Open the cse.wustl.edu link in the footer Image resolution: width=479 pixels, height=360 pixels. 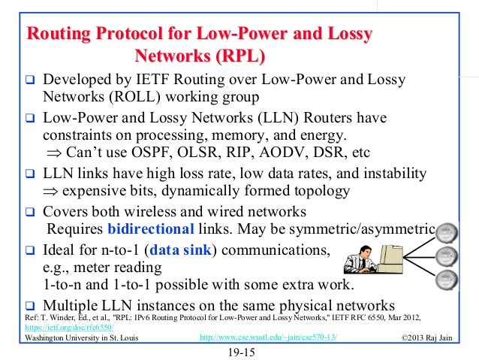pyautogui.click(x=268, y=337)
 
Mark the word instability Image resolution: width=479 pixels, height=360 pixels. pyautogui.click(x=392, y=174)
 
